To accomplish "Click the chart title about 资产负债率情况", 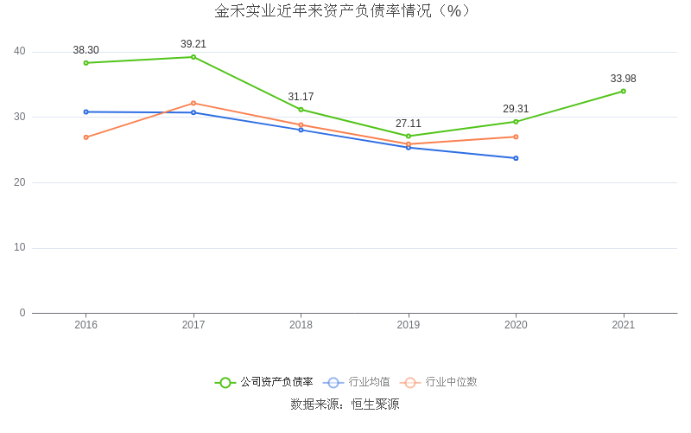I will tap(345, 11).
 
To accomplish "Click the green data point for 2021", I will tap(623, 91).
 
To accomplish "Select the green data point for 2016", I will tap(86, 63).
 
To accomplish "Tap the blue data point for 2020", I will tap(516, 158).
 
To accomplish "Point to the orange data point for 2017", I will tap(193, 103).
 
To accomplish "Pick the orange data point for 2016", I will tap(86, 137).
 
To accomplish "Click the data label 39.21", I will tap(193, 44).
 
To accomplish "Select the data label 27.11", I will tap(409, 124).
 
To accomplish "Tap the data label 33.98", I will tap(623, 79).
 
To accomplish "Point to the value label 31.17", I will tap(301, 97).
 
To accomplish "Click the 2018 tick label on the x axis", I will tap(301, 325).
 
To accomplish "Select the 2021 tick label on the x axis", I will tap(623, 325).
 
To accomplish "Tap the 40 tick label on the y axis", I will tap(20, 52).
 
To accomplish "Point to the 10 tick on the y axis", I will tap(20, 248).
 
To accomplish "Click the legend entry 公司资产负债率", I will tap(264, 382).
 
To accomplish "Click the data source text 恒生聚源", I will tap(374, 404).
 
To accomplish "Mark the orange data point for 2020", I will tap(516, 137).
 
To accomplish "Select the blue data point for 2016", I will tap(86, 111).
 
